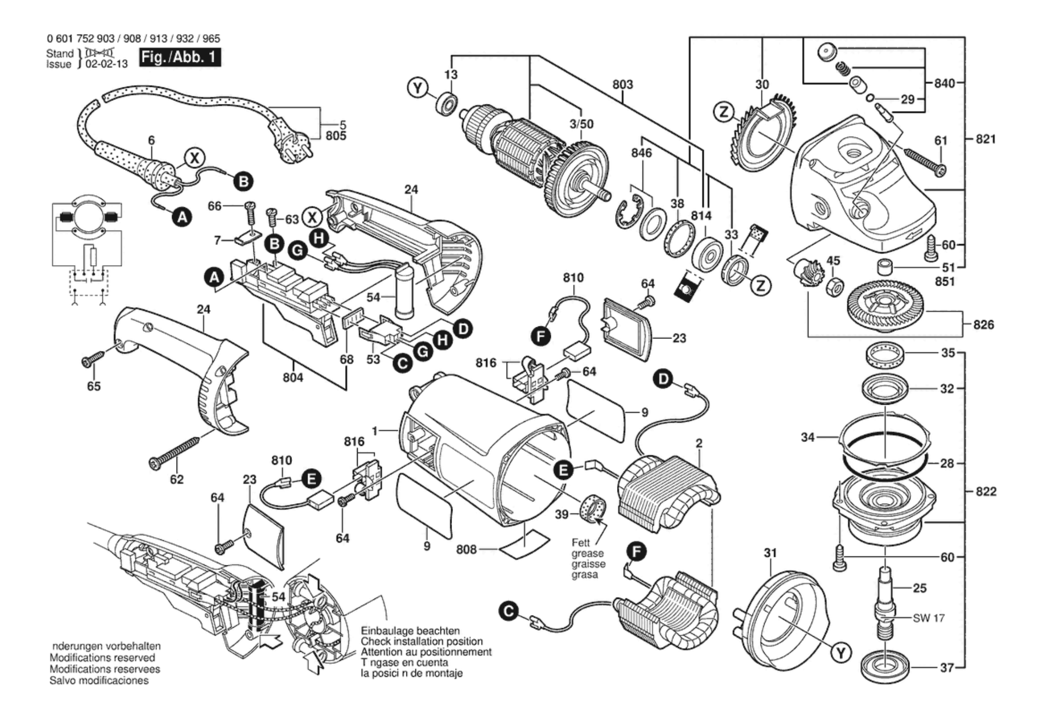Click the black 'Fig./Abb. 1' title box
180,57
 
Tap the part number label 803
622,84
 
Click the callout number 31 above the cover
770,553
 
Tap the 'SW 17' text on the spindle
928,618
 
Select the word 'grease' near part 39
587,553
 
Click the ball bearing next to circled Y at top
446,103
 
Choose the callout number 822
986,491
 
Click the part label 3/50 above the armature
581,124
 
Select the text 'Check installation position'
421,641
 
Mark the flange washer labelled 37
883,667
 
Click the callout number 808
466,550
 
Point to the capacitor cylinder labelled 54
403,293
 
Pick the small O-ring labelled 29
871,97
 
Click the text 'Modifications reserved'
102,658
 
